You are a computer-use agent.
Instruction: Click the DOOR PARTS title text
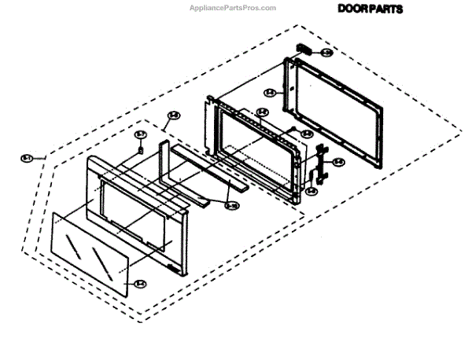pyautogui.click(x=370, y=9)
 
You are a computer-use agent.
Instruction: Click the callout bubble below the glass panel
pyautogui.click(x=140, y=284)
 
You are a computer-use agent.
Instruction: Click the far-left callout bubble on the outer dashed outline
pyautogui.click(x=26, y=159)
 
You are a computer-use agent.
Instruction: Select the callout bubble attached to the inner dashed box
pyautogui.click(x=174, y=116)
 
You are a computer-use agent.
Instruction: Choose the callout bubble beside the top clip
pyautogui.click(x=326, y=53)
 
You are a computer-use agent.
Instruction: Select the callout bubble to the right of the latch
pyautogui.click(x=337, y=163)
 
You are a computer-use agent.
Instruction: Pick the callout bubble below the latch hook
pyautogui.click(x=312, y=189)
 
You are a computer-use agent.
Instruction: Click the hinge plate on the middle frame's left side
pyautogui.click(x=210, y=126)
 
